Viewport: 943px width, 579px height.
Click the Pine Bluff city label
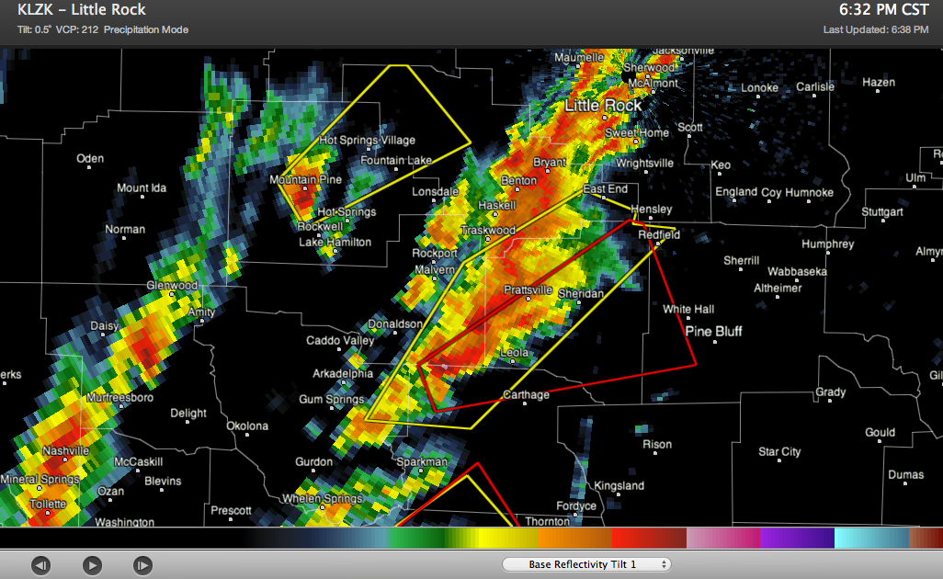click(x=713, y=331)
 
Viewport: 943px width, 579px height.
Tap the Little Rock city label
click(x=603, y=106)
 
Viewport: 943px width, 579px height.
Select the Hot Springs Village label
click(x=367, y=141)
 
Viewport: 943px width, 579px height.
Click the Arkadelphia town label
click(x=343, y=374)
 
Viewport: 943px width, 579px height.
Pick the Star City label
click(x=779, y=451)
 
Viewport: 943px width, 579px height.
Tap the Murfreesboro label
click(x=119, y=398)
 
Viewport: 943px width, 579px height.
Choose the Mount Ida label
click(x=142, y=188)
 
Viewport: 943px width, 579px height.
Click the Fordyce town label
click(x=576, y=505)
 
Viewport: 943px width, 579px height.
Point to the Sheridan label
click(x=581, y=293)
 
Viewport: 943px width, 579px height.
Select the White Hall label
click(x=688, y=310)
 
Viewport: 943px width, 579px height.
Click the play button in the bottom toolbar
click(x=92, y=564)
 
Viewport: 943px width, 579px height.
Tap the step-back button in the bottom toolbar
click(x=41, y=564)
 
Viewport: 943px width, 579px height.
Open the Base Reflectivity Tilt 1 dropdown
click(x=586, y=564)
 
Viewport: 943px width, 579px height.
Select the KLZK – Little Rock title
click(x=81, y=11)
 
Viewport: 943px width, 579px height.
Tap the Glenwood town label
click(x=172, y=286)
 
